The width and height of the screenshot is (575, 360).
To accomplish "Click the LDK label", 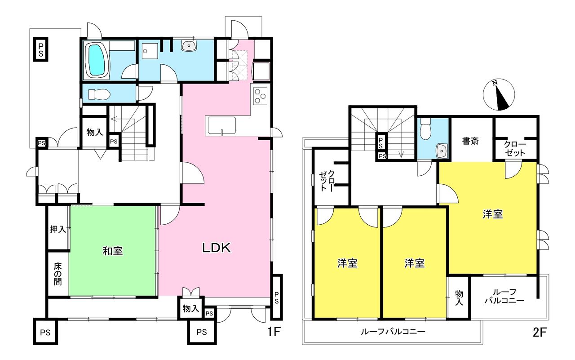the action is pos(217,248).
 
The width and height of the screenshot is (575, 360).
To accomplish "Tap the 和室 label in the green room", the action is pos(113,251).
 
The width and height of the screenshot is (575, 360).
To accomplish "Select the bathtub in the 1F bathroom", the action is pos(97,60).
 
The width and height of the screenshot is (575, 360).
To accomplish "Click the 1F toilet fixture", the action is pos(99,94).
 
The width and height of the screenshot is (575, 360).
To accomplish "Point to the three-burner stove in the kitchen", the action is pos(260,96).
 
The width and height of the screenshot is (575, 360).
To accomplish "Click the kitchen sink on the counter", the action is pos(221,125).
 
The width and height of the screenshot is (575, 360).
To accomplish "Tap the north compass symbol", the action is pos(499,94).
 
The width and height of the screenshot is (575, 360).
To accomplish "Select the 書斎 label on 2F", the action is pos(470,141).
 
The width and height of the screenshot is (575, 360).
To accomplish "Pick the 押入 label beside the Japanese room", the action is pos(58,229).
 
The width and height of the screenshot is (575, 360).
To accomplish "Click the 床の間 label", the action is pos(58,274).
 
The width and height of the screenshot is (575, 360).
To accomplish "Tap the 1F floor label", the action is pos(274,332).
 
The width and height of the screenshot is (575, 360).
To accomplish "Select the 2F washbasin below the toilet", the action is pos(442,151).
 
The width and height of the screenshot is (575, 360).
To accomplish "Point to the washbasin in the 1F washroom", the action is pos(189,46).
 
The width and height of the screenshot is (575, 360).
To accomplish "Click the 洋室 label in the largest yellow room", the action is pos(493,214).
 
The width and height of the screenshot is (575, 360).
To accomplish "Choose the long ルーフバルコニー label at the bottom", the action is pos(393,332).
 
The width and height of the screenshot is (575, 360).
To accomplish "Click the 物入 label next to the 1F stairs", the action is pos(95,132).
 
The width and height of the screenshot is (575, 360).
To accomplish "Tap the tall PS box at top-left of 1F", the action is pos(40,49).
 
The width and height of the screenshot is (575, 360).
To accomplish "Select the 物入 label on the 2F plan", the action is pos(459,298).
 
